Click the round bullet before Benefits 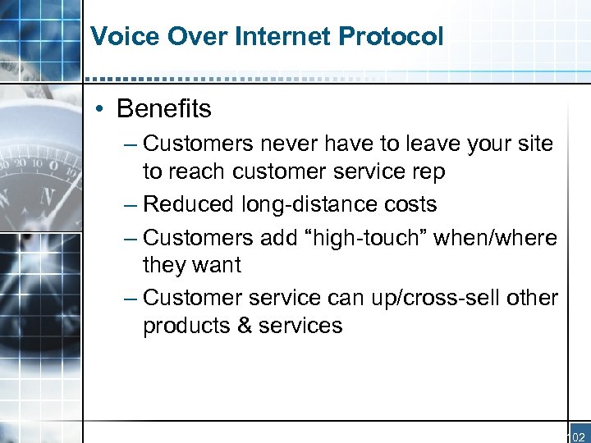tap(98, 109)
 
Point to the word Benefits tap(164, 108)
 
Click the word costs tap(410, 204)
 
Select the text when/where tap(495, 237)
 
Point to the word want tap(216, 265)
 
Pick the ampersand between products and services tap(244, 326)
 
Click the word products tap(186, 327)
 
